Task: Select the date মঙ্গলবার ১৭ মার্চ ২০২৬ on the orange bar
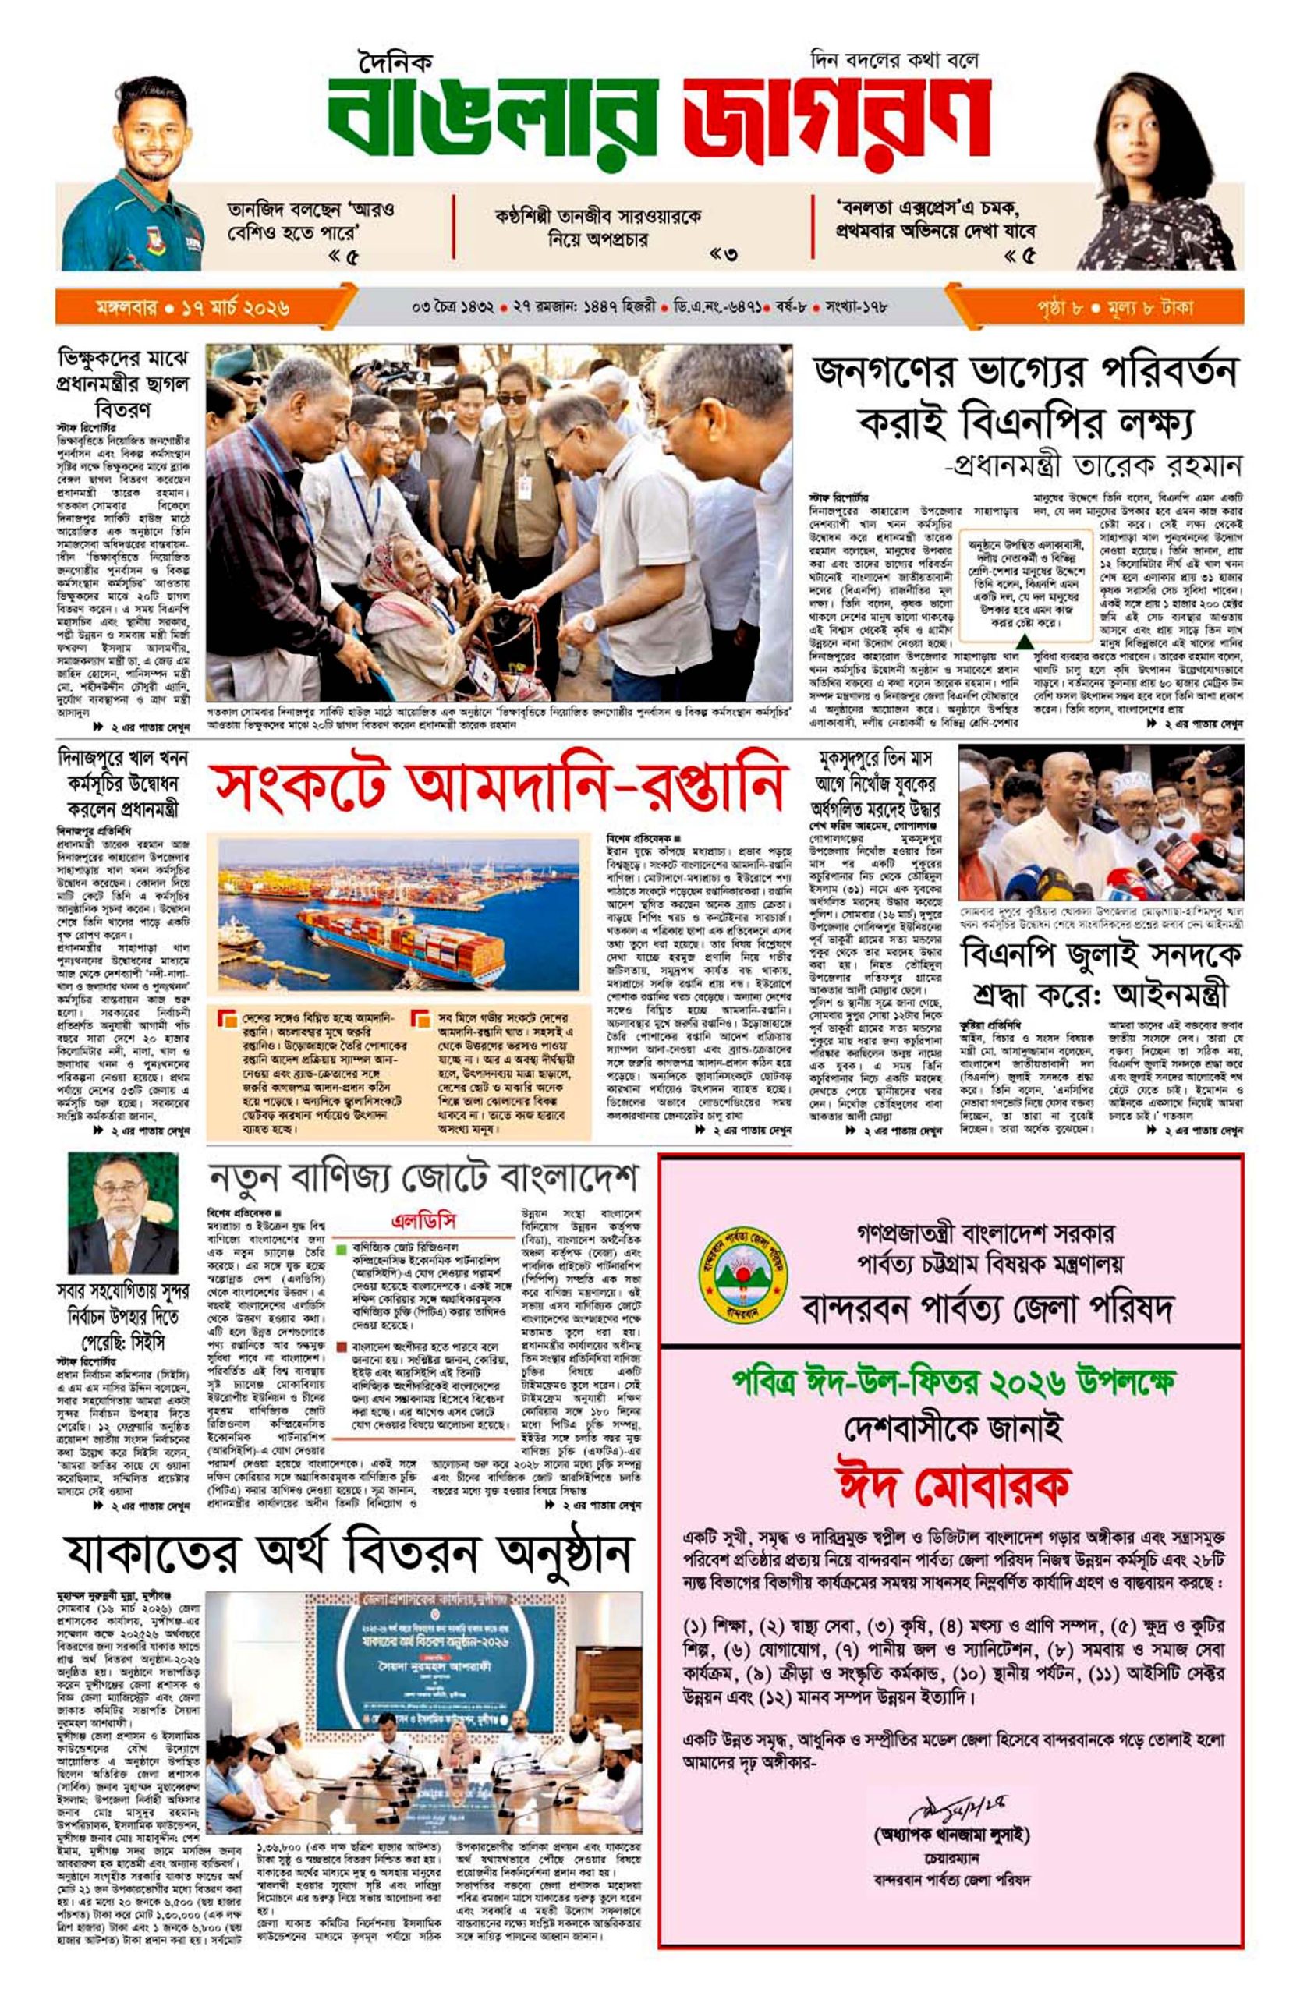[193, 308]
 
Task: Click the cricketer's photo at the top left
[134, 176]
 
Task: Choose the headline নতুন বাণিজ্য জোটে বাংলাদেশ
[423, 1178]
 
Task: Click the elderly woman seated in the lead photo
[402, 612]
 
